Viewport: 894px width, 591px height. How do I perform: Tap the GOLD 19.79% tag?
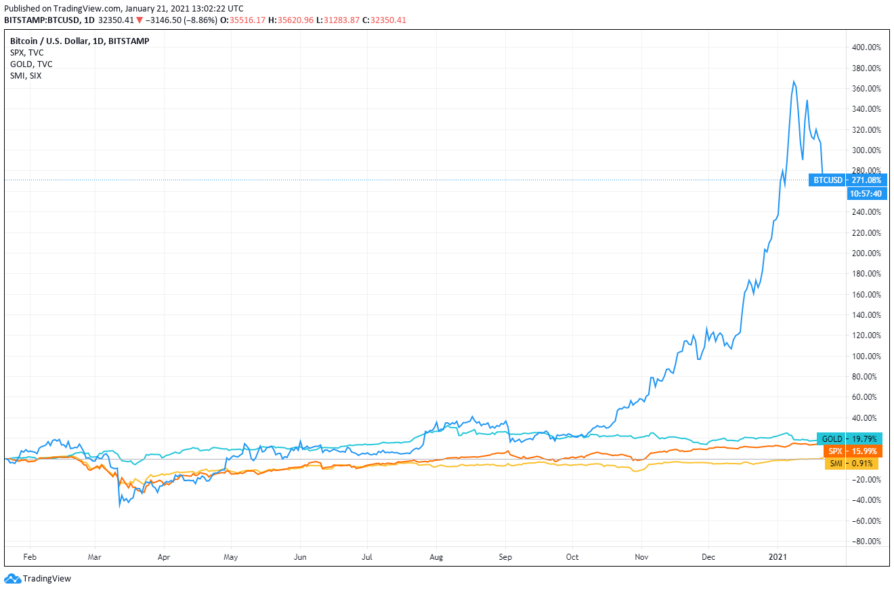849,439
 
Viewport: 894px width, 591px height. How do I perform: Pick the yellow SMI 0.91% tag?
851,464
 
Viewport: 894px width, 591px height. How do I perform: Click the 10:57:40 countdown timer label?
865,194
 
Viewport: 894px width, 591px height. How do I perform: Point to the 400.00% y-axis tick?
866,47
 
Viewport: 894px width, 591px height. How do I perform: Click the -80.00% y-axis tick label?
866,541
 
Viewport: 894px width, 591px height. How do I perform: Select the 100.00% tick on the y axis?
866,356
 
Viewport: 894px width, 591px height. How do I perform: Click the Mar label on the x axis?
95,557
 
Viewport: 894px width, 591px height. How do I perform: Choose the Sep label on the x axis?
505,557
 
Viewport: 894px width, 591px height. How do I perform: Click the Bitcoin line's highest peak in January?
794,81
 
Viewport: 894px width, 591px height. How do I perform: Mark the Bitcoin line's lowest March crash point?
120,506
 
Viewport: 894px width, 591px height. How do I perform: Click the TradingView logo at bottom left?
38,579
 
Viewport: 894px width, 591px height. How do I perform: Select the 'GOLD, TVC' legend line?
31,64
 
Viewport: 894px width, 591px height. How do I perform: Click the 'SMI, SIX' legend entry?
26,75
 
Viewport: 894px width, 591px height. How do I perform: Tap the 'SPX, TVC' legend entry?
27,52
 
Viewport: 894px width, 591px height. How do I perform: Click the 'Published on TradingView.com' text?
64,8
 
